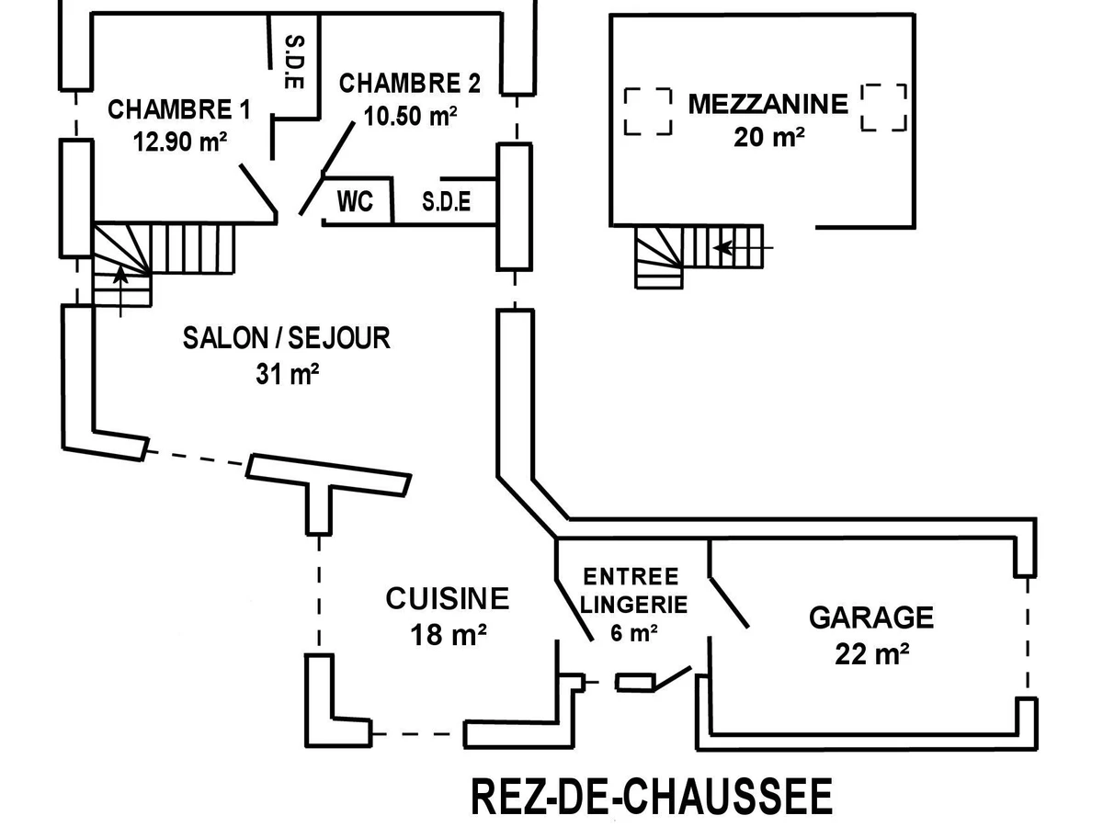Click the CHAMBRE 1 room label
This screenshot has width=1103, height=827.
click(x=179, y=110)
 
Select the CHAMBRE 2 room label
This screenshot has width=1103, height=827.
click(x=410, y=84)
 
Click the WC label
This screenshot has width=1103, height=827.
click(x=356, y=201)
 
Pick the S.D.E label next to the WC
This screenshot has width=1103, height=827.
click(x=447, y=202)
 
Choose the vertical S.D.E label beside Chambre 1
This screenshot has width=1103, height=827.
click(x=294, y=62)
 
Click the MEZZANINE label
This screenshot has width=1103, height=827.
click(x=768, y=104)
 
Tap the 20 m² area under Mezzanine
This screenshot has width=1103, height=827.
click(x=769, y=136)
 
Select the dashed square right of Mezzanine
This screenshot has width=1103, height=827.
click(x=884, y=108)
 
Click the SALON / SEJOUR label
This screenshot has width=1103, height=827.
click(x=287, y=338)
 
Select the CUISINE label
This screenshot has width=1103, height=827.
click(x=448, y=599)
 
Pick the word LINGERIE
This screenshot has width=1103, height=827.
click(x=634, y=605)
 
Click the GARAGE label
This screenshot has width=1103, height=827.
click(x=871, y=617)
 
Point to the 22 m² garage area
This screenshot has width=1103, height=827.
click(x=872, y=653)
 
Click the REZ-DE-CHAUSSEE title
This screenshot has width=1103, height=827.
click(x=652, y=797)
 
